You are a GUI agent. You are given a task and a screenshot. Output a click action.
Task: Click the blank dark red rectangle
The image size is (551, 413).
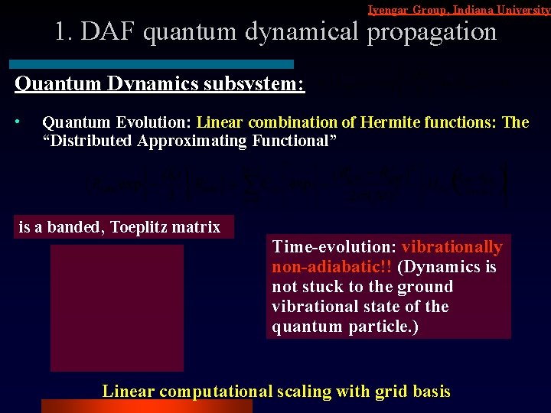click(x=116, y=307)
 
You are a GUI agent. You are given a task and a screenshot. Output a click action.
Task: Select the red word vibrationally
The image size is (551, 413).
click(x=452, y=247)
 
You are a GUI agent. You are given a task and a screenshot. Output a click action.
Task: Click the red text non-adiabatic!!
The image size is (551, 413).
click(x=331, y=267)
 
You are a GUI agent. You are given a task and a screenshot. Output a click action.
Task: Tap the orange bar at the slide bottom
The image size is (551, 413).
click(x=145, y=405)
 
